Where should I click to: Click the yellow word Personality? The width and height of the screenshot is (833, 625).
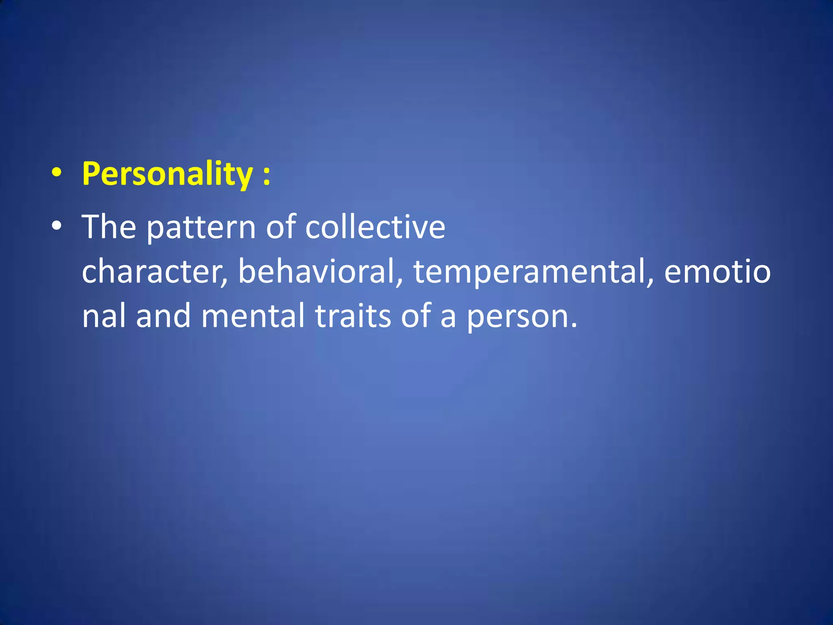[167, 174]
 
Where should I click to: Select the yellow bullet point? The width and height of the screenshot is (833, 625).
[57, 173]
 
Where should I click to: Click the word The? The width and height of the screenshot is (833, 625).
[109, 227]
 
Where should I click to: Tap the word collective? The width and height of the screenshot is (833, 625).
[375, 227]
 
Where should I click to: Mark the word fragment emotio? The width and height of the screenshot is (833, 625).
[717, 271]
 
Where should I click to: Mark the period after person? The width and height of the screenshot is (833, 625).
[574, 325]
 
